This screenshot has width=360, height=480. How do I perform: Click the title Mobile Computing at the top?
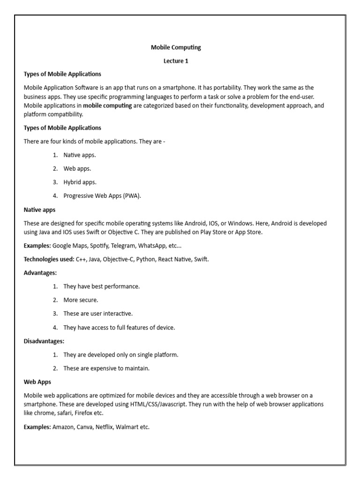pos(176,47)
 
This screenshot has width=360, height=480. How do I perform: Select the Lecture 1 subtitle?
pos(176,61)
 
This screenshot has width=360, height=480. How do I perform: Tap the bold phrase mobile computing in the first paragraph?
pos(107,105)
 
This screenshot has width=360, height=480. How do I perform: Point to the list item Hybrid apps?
pos(80,182)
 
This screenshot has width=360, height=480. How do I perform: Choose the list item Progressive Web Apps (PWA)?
pos(102,196)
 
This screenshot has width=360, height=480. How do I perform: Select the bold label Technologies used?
pos(49,259)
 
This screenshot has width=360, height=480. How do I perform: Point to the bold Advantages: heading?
pos(40,272)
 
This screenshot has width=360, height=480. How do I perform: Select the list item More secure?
pos(81,300)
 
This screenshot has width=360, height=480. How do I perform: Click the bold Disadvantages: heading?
pos(44,341)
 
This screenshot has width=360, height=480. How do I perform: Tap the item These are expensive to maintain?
pos(106,368)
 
